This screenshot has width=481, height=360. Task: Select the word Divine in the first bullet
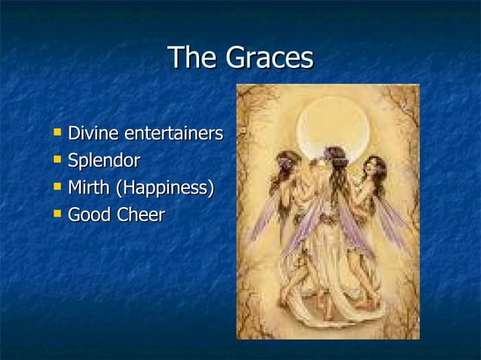(93, 134)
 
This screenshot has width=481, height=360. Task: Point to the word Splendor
(104, 161)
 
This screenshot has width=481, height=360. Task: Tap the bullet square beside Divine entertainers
(57, 133)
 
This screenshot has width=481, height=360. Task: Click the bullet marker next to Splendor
(57, 160)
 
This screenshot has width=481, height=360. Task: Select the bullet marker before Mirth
(57, 187)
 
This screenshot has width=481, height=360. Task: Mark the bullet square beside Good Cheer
(57, 214)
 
